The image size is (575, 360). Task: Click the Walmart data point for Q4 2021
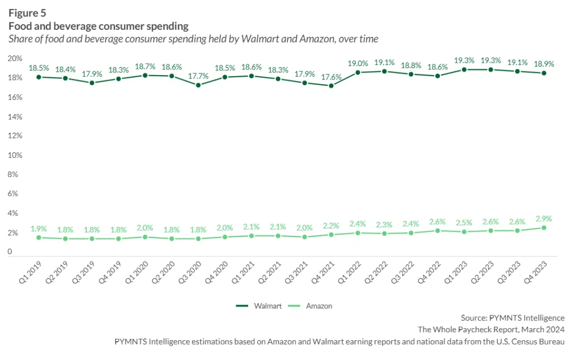[331, 86]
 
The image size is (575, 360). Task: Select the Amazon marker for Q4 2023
[544, 228]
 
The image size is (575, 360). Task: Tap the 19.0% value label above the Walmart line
[358, 63]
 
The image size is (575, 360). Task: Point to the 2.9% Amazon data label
[544, 218]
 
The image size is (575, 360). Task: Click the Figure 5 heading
[27, 13]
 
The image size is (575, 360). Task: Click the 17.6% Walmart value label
[331, 76]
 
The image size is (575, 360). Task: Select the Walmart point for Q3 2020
[198, 85]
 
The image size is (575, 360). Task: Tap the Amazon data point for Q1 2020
[145, 237]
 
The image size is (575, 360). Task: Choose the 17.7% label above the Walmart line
[198, 75]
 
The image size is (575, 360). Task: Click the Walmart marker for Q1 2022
[358, 72]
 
